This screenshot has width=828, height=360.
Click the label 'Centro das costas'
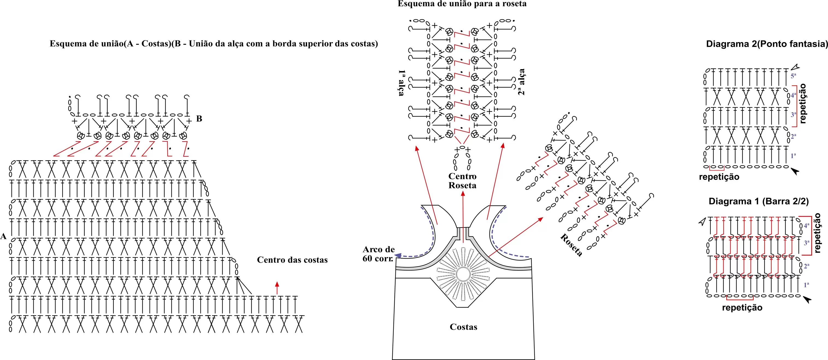292,260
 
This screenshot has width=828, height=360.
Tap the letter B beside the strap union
199,119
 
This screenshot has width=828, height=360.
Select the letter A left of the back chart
3,236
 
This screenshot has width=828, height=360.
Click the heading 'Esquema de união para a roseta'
462,4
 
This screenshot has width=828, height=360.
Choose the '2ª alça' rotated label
521,82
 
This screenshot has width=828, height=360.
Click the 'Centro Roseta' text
462,181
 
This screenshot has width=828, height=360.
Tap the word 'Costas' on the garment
463,327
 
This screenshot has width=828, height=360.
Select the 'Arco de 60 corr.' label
378,254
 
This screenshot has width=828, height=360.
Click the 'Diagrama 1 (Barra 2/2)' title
759,201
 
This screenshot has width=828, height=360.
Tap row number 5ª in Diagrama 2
793,76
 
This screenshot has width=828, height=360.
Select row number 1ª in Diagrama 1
806,285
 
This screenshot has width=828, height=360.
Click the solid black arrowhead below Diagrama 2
795,171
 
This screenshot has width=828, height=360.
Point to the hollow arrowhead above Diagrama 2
795,67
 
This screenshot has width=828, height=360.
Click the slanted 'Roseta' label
571,245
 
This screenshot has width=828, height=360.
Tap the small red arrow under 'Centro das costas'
277,288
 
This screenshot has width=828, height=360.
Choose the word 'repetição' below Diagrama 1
742,308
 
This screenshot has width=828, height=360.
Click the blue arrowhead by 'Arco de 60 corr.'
398,256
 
